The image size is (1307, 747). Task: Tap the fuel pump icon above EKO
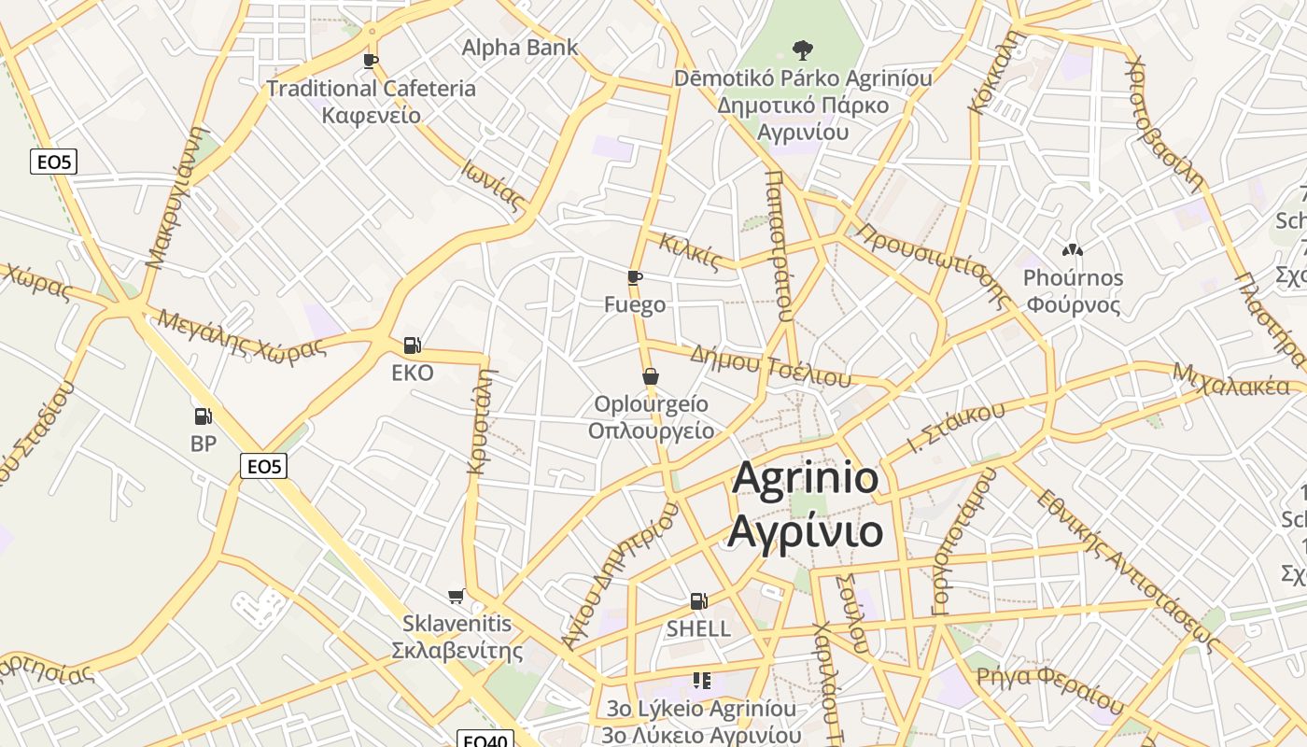(412, 345)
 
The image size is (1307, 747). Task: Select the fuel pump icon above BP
(203, 416)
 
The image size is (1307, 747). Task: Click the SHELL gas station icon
(698, 601)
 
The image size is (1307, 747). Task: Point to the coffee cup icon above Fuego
(635, 277)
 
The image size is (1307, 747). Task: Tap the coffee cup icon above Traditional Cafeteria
(371, 62)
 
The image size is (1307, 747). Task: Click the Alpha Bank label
(520, 47)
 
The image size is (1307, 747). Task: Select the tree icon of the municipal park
(801, 49)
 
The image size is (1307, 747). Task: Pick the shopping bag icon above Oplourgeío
(651, 376)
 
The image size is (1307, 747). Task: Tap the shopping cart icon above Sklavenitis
(457, 596)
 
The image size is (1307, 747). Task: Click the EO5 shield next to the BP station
(263, 465)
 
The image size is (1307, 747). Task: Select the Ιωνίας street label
(491, 183)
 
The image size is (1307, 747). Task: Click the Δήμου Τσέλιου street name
(770, 366)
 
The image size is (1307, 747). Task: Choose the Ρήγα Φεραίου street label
(1049, 688)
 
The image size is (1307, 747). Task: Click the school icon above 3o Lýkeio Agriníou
(702, 681)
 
